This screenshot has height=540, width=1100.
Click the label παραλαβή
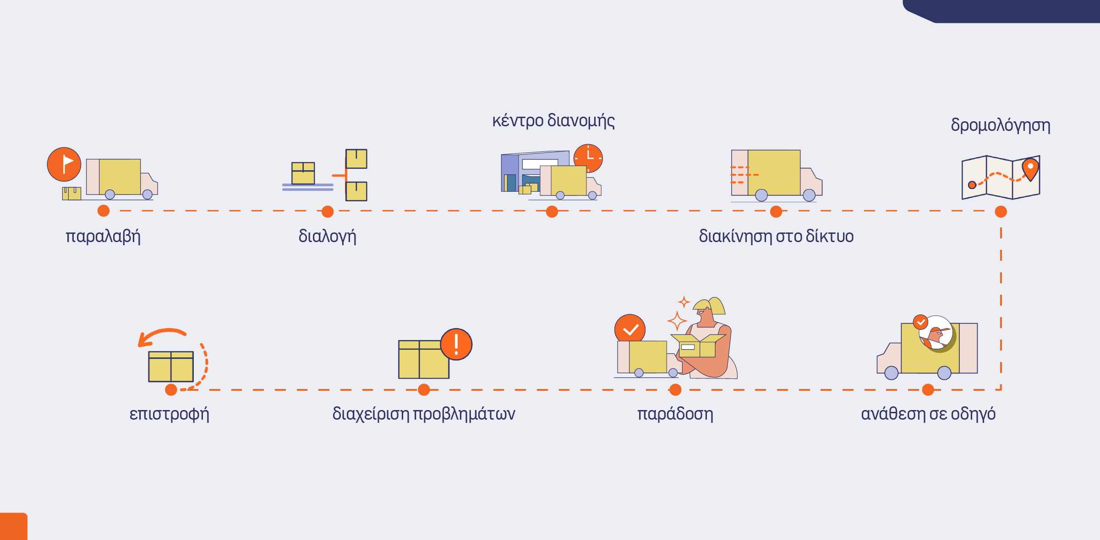(103, 237)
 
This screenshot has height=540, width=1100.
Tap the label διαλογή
(327, 237)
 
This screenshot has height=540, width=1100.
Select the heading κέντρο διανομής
(553, 121)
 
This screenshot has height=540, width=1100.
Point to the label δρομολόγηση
(1001, 125)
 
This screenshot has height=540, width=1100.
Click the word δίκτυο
(830, 236)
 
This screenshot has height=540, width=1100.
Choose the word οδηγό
(973, 414)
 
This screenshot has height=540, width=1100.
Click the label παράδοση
(675, 414)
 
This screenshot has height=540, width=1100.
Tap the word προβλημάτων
(464, 414)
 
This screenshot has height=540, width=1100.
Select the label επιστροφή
(169, 414)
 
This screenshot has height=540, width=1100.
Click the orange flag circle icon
(64, 164)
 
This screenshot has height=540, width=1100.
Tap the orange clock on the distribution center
(588, 158)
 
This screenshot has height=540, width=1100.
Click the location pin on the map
(1030, 169)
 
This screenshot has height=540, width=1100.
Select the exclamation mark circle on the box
(456, 345)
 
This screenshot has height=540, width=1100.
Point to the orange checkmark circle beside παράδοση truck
(630, 329)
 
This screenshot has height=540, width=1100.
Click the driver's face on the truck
(936, 333)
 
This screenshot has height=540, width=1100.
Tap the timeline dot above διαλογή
(328, 211)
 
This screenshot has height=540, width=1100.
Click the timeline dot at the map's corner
(1001, 211)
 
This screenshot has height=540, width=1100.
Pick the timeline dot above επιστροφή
(171, 390)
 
